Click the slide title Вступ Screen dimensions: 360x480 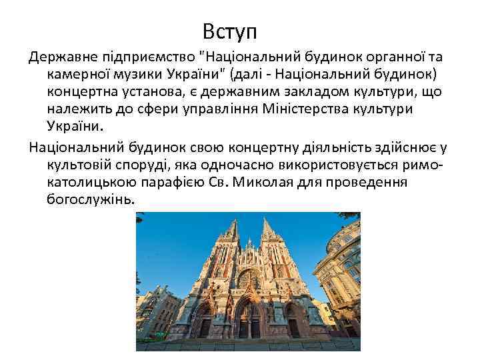tap(231, 31)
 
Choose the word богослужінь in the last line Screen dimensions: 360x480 tap(90, 199)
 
